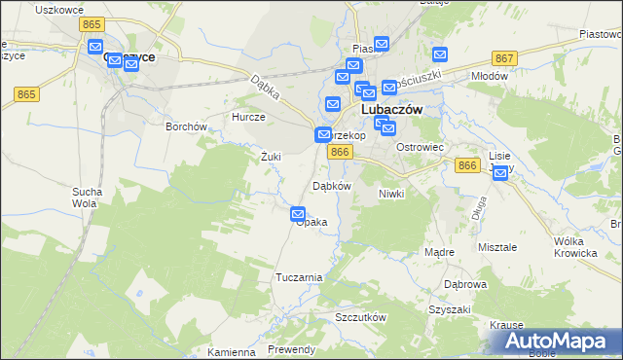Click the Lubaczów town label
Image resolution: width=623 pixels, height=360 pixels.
coord(391,111)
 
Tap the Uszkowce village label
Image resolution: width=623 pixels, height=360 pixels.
coord(55,9)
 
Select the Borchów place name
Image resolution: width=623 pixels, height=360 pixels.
coord(186,126)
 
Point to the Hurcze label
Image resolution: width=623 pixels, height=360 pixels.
coord(248,117)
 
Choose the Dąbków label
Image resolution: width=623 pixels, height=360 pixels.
coord(331,186)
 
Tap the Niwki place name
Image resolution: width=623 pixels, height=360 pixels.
coord(391,194)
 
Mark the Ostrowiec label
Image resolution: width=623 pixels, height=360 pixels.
coord(421,147)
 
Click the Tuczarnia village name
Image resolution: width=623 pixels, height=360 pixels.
coord(299,277)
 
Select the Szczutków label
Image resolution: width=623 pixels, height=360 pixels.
coord(361,318)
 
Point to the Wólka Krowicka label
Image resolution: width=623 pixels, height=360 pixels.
coord(574,247)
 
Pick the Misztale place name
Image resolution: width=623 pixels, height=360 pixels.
coord(497,247)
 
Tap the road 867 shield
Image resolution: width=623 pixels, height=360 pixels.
coord(504,58)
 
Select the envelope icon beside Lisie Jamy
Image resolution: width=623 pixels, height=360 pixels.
coord(500,174)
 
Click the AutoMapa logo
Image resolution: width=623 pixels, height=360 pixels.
coord(557,342)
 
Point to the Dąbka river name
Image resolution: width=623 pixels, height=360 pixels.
coord(265,90)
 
